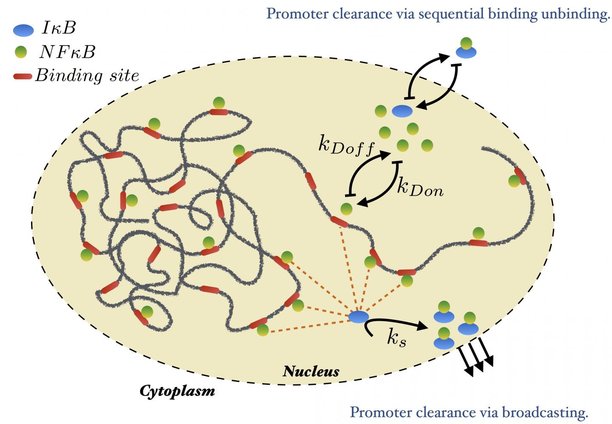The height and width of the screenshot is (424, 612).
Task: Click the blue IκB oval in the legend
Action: (x=23, y=30)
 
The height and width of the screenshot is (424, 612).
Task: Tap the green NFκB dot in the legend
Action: (x=20, y=52)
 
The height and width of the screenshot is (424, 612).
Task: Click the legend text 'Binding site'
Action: (x=87, y=76)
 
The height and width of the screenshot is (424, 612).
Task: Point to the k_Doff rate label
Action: (x=346, y=146)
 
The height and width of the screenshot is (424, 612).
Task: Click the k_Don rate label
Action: (x=420, y=187)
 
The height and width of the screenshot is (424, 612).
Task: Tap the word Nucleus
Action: (x=311, y=371)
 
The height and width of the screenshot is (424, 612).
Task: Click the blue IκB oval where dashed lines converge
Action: (x=358, y=317)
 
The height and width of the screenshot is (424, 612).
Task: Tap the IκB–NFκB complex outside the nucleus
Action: (x=466, y=48)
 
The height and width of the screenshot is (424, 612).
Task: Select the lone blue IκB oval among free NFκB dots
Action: (x=402, y=111)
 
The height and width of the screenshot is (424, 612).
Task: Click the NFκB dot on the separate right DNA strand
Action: (x=514, y=181)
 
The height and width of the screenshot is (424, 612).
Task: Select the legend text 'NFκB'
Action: (x=67, y=52)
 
